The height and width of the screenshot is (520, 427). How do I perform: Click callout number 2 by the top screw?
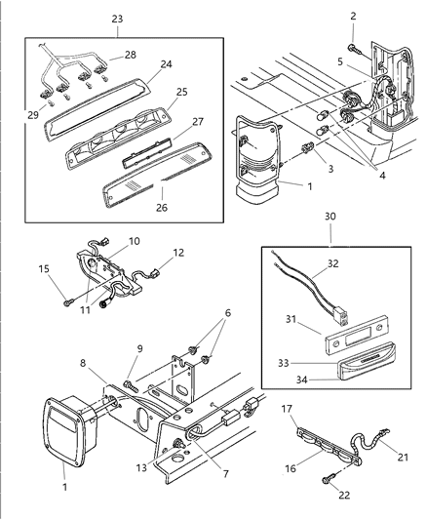click(x=353, y=17)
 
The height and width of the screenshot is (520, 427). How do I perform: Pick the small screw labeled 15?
click(x=65, y=301)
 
